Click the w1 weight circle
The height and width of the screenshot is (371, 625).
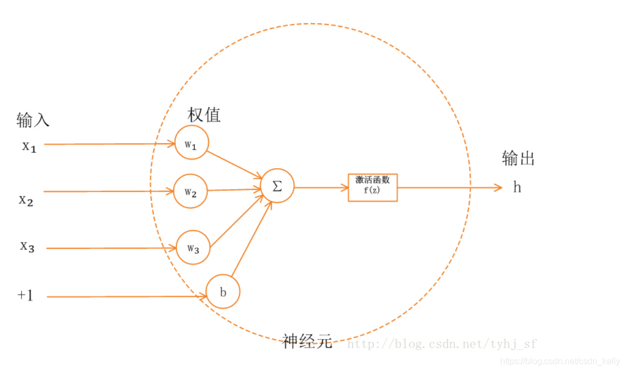(192, 143)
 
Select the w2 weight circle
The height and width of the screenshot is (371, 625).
(190, 191)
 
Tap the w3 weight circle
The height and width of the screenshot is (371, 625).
(193, 248)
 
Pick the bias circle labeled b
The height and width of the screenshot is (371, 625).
(223, 292)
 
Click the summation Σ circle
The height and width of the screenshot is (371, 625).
(277, 186)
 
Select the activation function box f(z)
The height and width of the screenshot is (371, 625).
(373, 187)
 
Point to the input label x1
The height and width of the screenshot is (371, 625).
(29, 146)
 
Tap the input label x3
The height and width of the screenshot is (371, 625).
(28, 247)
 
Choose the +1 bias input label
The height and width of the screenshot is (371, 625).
(25, 296)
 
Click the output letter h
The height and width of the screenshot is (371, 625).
(517, 188)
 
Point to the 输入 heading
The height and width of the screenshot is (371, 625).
(33, 120)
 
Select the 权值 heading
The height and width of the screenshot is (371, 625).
(204, 115)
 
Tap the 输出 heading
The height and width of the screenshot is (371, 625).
(518, 158)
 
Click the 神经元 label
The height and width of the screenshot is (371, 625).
(307, 342)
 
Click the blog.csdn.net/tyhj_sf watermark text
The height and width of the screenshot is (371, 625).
(442, 343)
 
